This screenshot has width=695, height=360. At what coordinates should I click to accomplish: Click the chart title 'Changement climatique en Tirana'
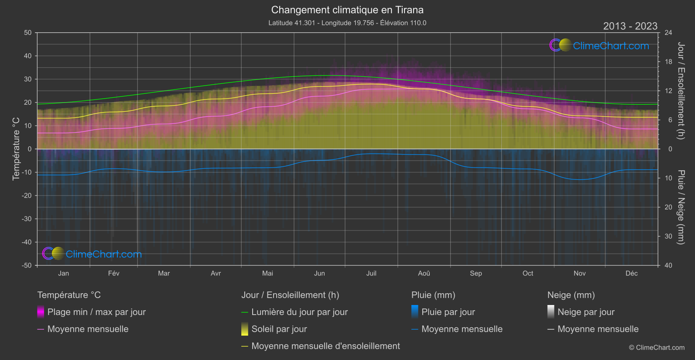tap(347, 10)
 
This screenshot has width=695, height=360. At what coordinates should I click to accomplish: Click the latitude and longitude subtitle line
tap(347, 23)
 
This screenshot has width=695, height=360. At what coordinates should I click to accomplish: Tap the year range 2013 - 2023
tap(630, 26)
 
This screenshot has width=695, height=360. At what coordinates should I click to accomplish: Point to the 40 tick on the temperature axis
tap(28, 56)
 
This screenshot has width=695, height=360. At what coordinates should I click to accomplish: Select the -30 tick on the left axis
tap(27, 219)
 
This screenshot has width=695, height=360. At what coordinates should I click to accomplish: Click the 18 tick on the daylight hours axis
tap(668, 62)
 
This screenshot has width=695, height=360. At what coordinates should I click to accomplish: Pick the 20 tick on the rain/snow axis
tap(668, 207)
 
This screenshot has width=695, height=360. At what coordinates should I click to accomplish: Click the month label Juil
tap(371, 273)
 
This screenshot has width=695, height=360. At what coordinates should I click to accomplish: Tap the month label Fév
tap(114, 273)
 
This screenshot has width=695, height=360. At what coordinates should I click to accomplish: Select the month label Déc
tap(631, 273)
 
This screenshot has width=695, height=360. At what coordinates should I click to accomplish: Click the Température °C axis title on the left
tap(16, 148)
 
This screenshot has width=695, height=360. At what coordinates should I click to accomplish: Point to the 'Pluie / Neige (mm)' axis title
tap(681, 207)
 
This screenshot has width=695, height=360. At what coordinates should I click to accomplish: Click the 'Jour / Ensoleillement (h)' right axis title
tap(681, 91)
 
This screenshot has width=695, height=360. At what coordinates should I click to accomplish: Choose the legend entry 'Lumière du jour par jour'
tap(299, 312)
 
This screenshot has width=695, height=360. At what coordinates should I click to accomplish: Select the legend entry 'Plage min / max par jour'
tap(96, 312)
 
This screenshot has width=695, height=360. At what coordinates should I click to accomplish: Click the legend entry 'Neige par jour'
tap(585, 312)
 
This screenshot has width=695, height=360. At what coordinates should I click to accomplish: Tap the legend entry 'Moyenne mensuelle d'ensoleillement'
tap(325, 346)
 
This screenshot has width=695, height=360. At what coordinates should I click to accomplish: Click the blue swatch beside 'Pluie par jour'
tap(415, 312)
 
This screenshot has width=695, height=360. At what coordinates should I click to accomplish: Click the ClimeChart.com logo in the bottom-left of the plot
tap(92, 254)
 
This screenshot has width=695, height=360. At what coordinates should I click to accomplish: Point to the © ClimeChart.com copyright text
tap(657, 347)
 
